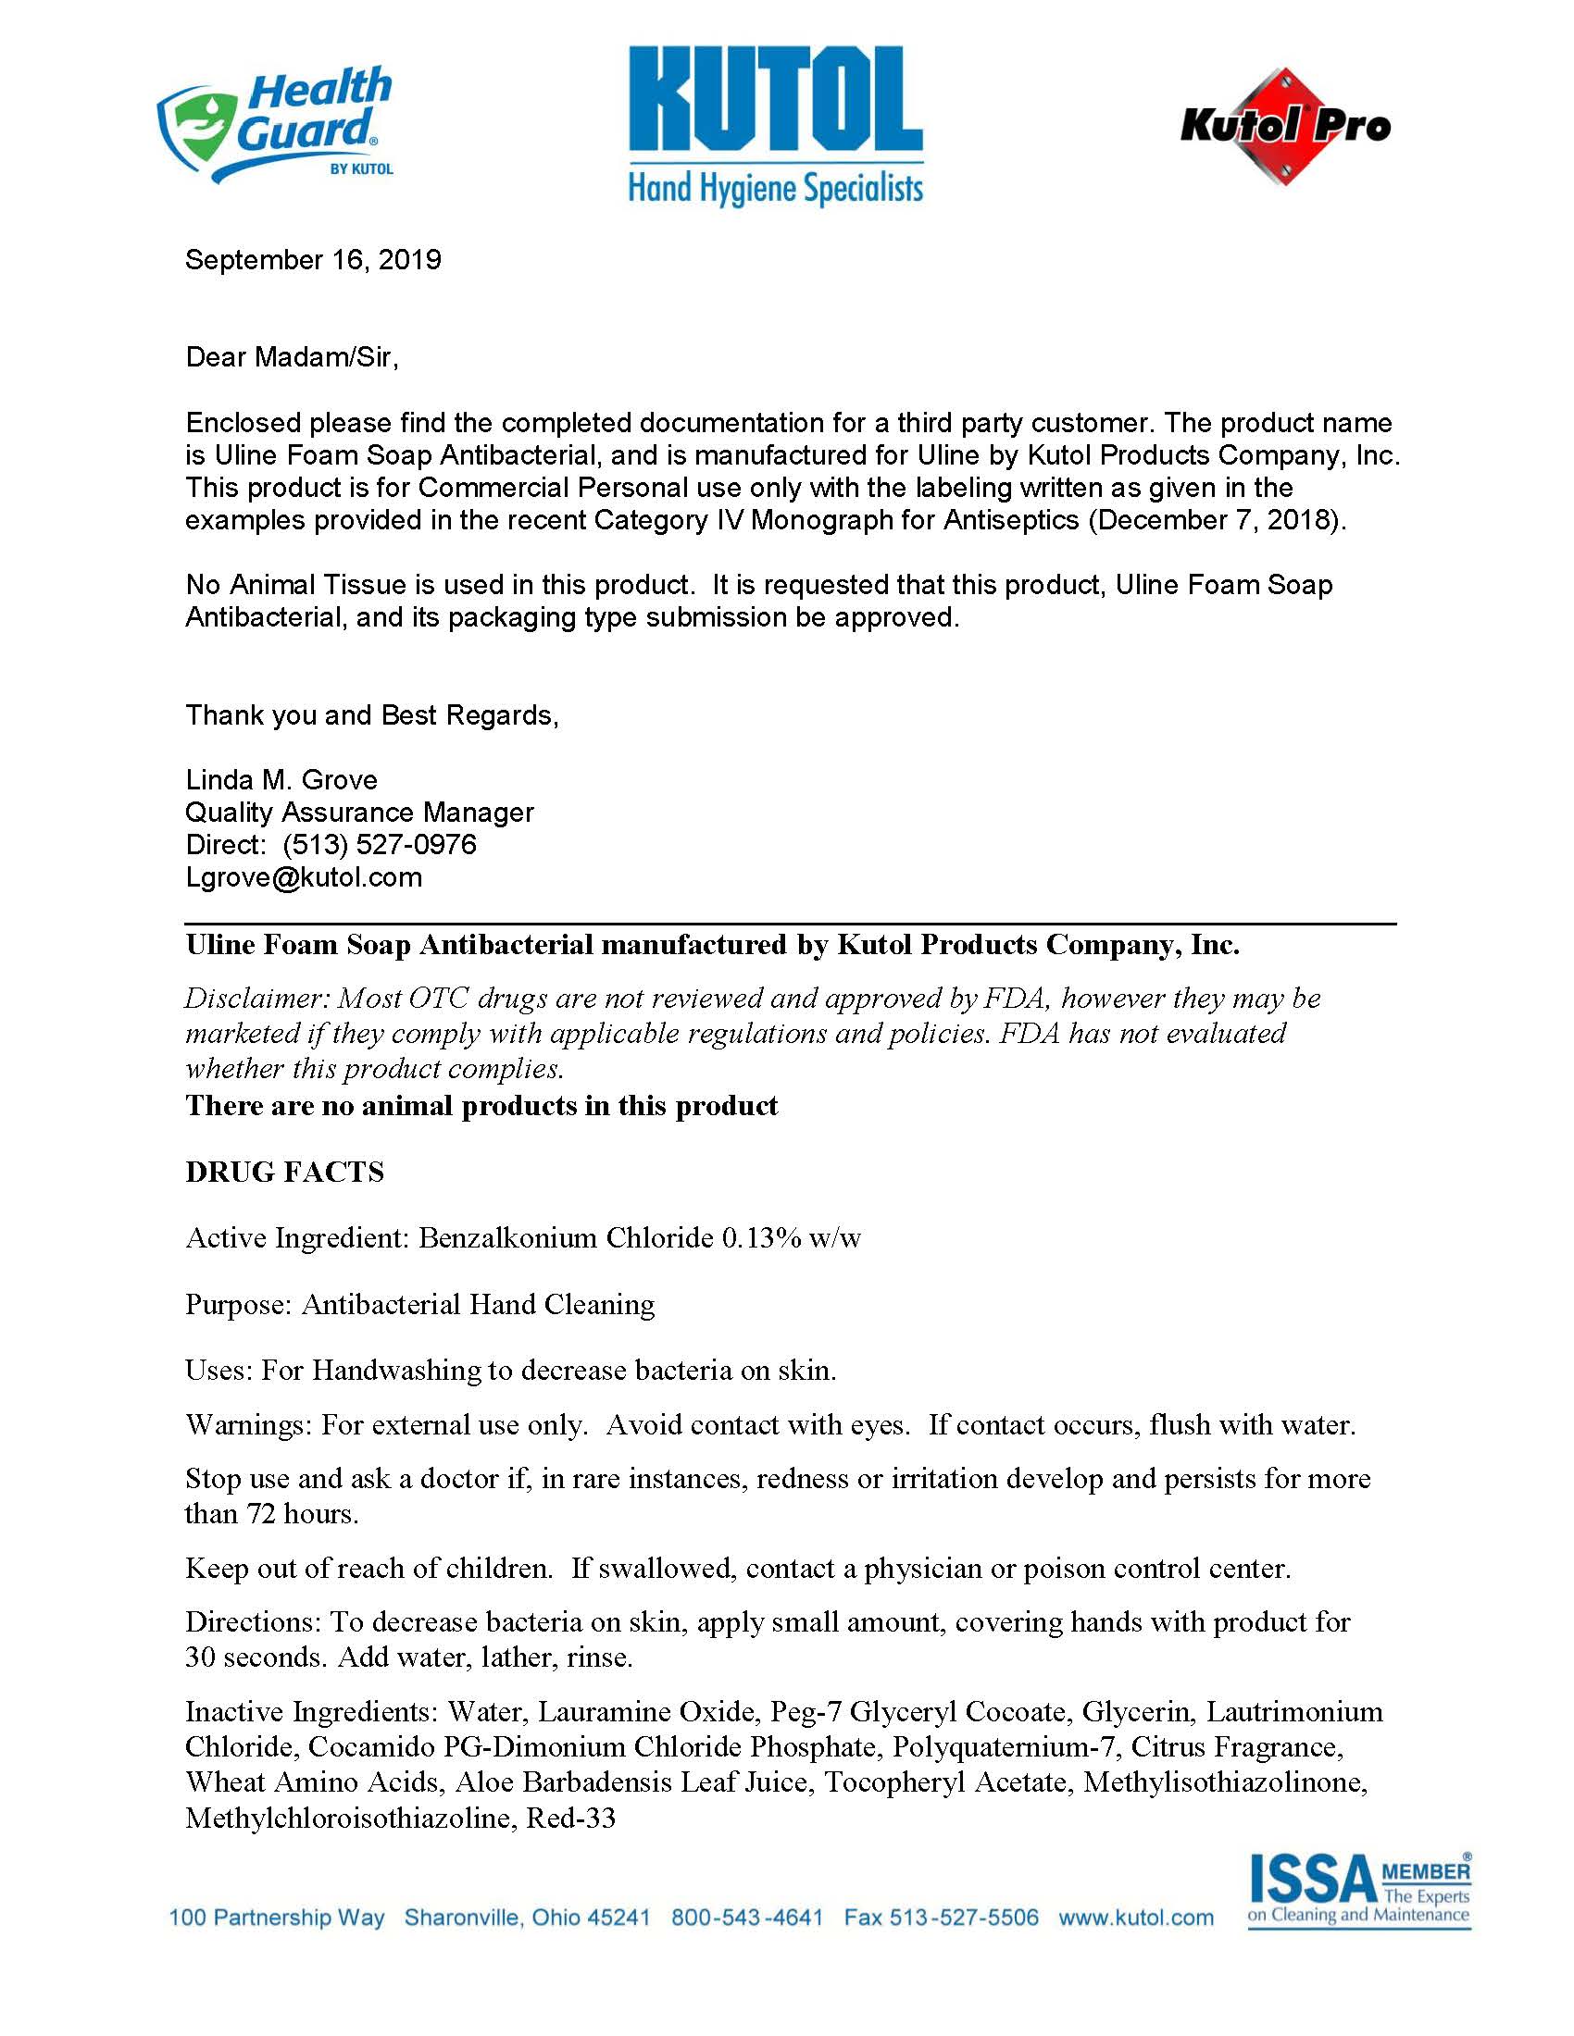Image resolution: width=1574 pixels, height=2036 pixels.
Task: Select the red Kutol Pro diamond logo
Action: coord(1285,126)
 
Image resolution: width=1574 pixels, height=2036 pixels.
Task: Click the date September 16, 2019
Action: coord(313,259)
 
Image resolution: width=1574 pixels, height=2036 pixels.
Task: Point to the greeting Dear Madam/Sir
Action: coord(292,357)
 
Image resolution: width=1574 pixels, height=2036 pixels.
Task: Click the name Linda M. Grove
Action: coord(281,779)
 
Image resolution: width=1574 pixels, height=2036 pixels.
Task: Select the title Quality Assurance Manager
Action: coord(360,812)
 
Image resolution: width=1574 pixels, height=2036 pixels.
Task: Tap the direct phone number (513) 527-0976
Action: coord(380,845)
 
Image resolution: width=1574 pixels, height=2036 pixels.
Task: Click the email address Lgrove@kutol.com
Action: coord(304,877)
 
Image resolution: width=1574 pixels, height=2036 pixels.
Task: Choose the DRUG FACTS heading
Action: coord(285,1172)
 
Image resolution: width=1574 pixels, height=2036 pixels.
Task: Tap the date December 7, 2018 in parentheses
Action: coord(1216,520)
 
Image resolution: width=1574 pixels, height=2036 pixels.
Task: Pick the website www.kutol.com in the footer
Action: coord(1136,1918)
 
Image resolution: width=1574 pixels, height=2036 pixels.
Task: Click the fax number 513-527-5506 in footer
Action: coord(963,1918)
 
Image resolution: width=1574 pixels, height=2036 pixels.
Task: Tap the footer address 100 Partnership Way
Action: coord(276,1918)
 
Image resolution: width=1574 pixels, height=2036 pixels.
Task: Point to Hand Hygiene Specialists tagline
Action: coord(776,188)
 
